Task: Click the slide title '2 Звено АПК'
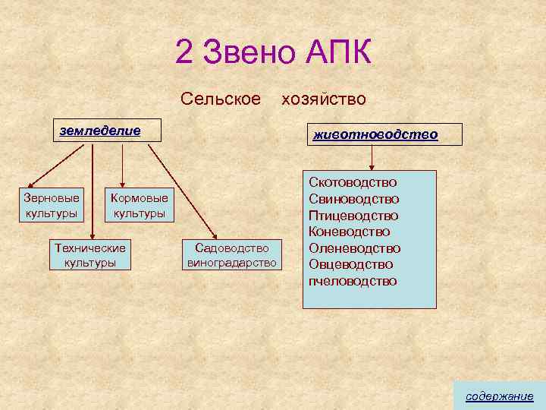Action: coord(273,52)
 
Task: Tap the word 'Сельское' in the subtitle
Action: coord(221,99)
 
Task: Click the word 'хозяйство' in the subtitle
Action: coord(324,99)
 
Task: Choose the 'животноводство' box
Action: coord(375,134)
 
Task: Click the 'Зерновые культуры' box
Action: coord(52,205)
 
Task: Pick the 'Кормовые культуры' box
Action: coord(139,206)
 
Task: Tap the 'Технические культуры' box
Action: coord(90,255)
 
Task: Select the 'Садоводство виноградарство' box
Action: coord(232,255)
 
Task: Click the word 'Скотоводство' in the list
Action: coord(353,182)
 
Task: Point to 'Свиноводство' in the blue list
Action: coord(353,199)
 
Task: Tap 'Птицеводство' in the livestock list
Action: coord(353,216)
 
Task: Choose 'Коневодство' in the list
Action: coord(349,232)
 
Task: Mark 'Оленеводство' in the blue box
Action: coord(354,248)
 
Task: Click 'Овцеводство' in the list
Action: coord(350,264)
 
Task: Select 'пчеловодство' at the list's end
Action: coord(352,281)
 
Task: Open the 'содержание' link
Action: coord(499,396)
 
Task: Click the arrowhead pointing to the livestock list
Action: coord(372,167)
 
